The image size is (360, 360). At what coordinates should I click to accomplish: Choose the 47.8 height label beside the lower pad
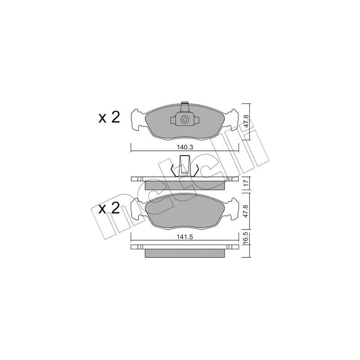246,211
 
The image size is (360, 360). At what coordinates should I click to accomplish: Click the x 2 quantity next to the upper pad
109,118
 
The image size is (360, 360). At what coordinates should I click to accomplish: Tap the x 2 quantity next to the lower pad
109,209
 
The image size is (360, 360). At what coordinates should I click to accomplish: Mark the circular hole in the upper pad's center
184,120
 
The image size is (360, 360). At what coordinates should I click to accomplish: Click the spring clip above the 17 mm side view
184,166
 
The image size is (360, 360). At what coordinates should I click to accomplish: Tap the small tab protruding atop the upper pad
184,106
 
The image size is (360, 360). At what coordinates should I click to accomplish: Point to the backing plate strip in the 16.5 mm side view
184,247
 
